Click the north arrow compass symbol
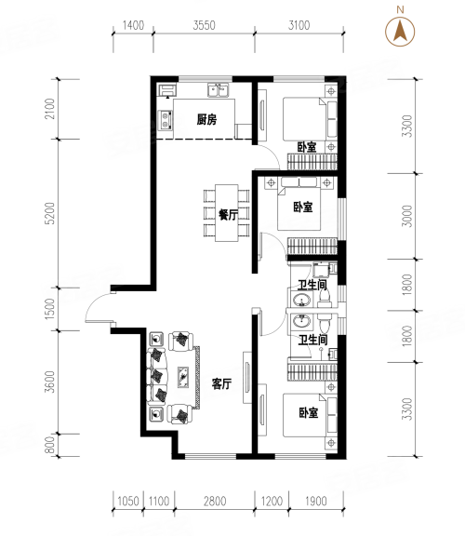pyautogui.click(x=400, y=32)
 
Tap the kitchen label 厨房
pyautogui.click(x=206, y=120)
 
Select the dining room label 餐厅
pyautogui.click(x=228, y=214)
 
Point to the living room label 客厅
pyautogui.click(x=221, y=384)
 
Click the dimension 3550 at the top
pyautogui.click(x=204, y=25)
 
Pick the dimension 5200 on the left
pyautogui.click(x=50, y=213)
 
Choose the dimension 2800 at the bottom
pyautogui.click(x=215, y=502)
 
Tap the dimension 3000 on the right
pyautogui.click(x=407, y=216)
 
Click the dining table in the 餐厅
pyautogui.click(x=227, y=213)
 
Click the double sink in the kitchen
pyautogui.click(x=219, y=90)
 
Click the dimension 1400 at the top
pyautogui.click(x=133, y=25)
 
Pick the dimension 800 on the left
pyautogui.click(x=50, y=445)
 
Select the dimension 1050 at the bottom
pyautogui.click(x=128, y=502)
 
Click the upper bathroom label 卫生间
pyautogui.click(x=312, y=285)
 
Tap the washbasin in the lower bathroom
pyautogui.click(x=301, y=321)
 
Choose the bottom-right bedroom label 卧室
pyautogui.click(x=309, y=412)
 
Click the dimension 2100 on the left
pyautogui.click(x=50, y=109)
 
